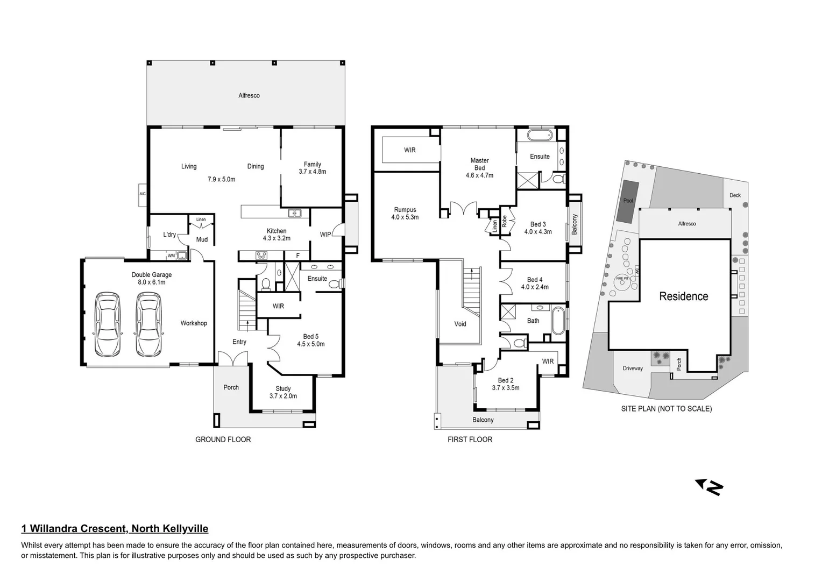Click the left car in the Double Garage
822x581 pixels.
tap(108, 324)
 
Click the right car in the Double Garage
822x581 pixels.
tap(149, 324)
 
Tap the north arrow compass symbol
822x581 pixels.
tap(710, 487)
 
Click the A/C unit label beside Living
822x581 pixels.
tap(143, 194)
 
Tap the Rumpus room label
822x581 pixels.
tap(405, 210)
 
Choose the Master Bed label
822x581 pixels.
tap(479, 164)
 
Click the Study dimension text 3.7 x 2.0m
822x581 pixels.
tap(283, 396)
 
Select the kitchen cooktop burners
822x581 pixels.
tap(261, 256)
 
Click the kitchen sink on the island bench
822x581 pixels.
tap(294, 214)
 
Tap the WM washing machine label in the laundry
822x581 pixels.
tap(171, 256)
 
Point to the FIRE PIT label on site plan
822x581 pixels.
tap(622, 278)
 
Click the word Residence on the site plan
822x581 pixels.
tap(683, 296)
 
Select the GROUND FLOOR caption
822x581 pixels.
tap(223, 440)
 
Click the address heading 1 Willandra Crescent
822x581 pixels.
tap(115, 529)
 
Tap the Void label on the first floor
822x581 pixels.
tap(460, 324)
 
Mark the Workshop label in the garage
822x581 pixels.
tap(194, 323)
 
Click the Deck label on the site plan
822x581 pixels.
tap(735, 195)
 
